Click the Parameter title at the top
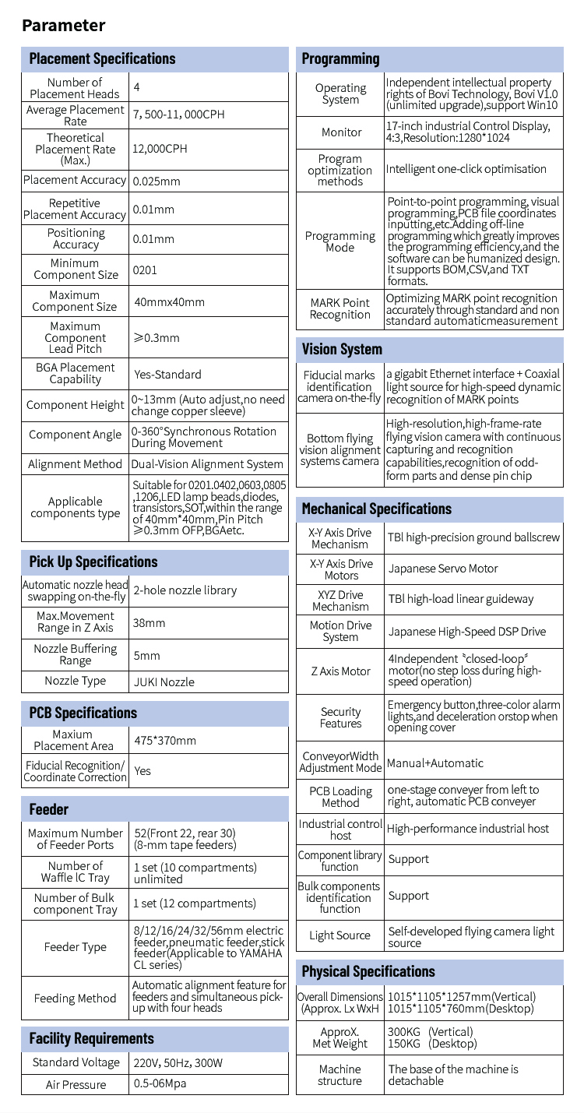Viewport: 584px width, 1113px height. pos(63,25)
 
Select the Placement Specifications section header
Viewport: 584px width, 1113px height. pos(102,59)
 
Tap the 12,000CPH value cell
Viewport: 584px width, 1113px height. pos(160,149)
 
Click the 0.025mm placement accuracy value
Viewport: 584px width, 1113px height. pos(157,181)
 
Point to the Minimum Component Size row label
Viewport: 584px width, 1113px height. pos(76,269)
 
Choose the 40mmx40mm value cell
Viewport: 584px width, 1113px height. pos(170,301)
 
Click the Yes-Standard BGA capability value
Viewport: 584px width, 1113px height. pos(167,374)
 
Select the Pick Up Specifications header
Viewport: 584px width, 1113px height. pos(93,562)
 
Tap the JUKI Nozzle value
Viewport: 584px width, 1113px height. pos(164,682)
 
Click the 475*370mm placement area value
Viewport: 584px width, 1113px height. pos(165,740)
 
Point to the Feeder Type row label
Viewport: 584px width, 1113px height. pos(76,947)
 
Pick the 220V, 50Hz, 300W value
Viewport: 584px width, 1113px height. pos(178,1062)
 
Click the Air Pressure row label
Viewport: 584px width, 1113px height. pos(76,1084)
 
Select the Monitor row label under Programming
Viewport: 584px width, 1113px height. pos(341,132)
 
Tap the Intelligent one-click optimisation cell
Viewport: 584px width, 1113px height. pos(466,169)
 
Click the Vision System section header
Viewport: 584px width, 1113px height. pos(342,349)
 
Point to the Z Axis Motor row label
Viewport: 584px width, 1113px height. pos(341,671)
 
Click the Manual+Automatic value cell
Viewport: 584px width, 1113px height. pos(435,763)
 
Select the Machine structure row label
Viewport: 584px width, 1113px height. pos(340,1075)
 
